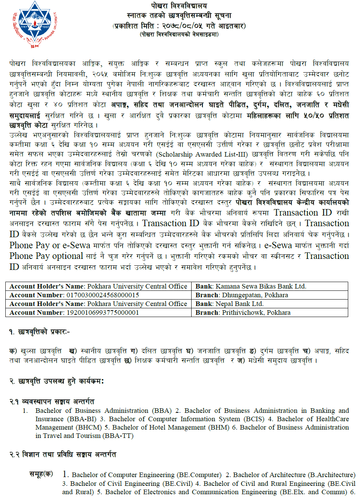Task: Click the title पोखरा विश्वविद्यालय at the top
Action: pyautogui.click(x=179, y=6)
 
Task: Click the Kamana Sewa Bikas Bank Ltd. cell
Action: pyautogui.click(x=251, y=286)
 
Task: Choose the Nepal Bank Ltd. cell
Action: pyautogui.click(x=230, y=304)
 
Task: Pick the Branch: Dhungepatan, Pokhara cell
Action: pyautogui.click(x=242, y=295)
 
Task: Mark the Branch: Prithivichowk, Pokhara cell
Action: pyautogui.click(x=243, y=312)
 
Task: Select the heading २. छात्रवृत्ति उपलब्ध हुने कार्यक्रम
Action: pyautogui.click(x=57, y=381)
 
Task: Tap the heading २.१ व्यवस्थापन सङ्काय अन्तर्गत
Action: pyautogui.click(x=52, y=401)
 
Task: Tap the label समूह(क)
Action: pyautogui.click(x=41, y=474)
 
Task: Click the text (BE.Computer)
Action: pyautogui.click(x=199, y=475)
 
